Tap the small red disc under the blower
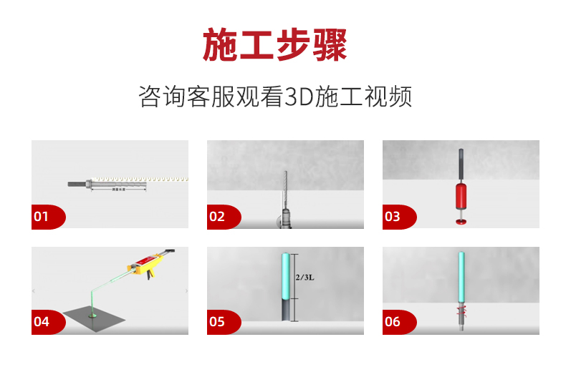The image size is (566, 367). click(x=461, y=220)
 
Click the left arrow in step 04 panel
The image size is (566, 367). click(x=34, y=291)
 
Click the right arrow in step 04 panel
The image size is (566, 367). click(x=186, y=291)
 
